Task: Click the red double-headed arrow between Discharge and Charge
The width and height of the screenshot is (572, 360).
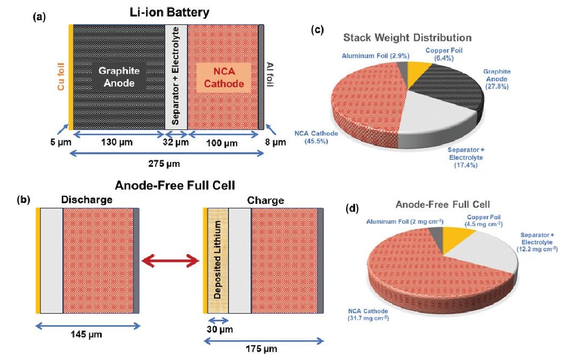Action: coord(170,261)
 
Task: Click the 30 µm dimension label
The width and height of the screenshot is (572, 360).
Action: coord(219,330)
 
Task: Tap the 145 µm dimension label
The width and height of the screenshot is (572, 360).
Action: coord(87,334)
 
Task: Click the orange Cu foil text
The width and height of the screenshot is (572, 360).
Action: coord(60,79)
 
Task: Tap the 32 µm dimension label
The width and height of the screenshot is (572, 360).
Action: coord(177,143)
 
